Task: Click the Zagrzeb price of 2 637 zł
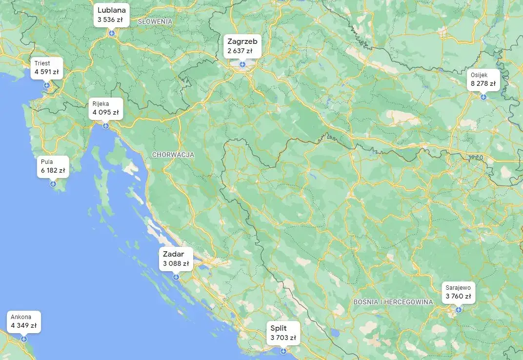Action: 240,51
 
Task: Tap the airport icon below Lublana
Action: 112,33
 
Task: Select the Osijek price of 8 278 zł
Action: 483,84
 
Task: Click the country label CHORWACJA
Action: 173,155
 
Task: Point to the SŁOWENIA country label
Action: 155,22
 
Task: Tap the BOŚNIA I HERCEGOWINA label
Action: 393,302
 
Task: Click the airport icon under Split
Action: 283,351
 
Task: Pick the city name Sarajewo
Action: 458,288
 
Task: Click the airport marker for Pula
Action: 53,184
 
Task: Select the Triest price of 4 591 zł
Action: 46,72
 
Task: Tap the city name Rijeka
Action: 101,103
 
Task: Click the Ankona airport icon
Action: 24,339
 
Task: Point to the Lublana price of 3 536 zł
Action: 110,20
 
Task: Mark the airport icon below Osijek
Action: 483,97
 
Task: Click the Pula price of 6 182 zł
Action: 53,171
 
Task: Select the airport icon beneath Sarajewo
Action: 459,309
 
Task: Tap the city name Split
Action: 279,328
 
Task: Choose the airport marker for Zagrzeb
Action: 242,64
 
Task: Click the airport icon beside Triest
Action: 47,85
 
